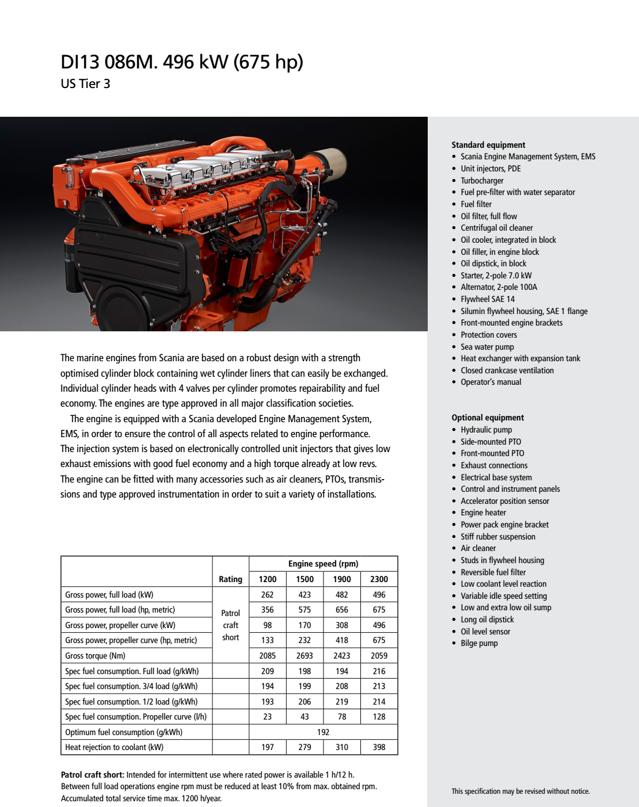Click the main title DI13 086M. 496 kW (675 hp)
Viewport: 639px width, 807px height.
(182, 62)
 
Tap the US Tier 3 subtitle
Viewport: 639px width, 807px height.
(85, 84)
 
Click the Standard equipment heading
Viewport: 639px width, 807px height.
(488, 145)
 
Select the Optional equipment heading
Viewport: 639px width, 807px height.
(488, 418)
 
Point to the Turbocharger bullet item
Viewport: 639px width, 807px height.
(482, 181)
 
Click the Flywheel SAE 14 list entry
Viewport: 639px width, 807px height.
(488, 299)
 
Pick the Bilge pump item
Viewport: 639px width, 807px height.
(479, 643)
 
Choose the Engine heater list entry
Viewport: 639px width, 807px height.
(483, 512)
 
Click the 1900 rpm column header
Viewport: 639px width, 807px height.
(342, 579)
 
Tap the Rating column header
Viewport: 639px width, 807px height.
(230, 579)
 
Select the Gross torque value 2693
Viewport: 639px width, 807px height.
(305, 656)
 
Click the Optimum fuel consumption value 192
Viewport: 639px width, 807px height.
(323, 732)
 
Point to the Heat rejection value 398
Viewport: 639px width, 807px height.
(379, 747)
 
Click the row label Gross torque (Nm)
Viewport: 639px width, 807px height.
(95, 656)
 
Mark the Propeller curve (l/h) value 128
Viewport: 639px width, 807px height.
(379, 717)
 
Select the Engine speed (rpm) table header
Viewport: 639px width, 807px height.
(323, 564)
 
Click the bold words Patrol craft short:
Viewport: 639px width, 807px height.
(92, 775)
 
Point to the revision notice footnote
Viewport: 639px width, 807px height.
(520, 791)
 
